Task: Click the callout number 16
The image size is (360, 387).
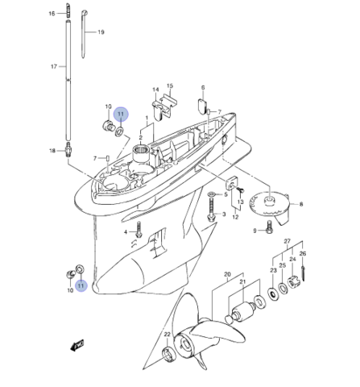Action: [52, 14]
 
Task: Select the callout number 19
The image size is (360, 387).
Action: [101, 32]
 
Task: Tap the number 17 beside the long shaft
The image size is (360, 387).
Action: [54, 66]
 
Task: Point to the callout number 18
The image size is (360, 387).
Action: [52, 151]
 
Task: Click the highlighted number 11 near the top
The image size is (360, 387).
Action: [121, 114]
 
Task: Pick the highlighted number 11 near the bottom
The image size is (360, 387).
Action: [81, 285]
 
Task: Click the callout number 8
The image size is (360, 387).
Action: [301, 204]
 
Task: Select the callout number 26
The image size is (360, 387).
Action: [303, 253]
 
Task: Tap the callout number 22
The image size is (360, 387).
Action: [168, 335]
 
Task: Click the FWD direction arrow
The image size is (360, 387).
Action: [77, 345]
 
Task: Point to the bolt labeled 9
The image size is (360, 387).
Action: [269, 227]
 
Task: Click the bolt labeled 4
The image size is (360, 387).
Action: [139, 229]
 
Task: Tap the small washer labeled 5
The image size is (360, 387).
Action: [211, 194]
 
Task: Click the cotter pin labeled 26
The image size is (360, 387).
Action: [304, 273]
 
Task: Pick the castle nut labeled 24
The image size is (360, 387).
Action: [293, 282]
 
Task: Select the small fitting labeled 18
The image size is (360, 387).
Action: [68, 149]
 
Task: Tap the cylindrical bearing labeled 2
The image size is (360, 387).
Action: [142, 152]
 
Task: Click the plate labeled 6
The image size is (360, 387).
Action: [202, 105]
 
